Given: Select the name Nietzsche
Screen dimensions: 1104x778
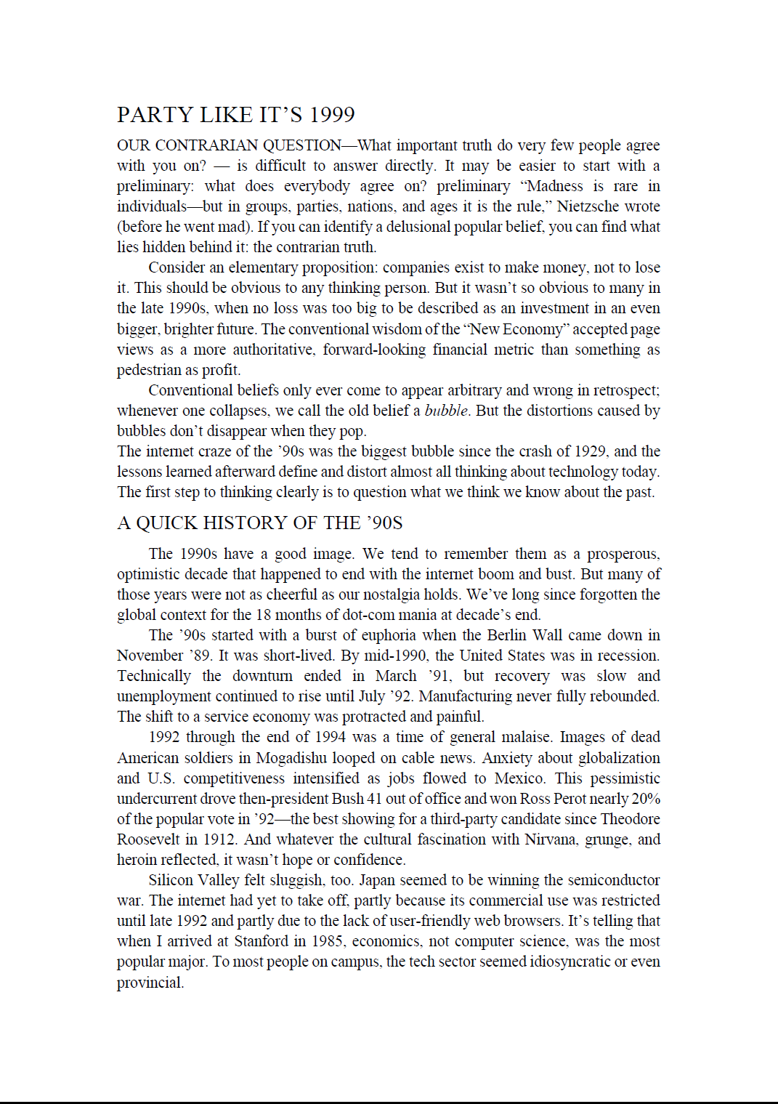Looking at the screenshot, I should [x=590, y=206].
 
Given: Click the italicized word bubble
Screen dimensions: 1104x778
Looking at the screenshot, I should [x=446, y=411].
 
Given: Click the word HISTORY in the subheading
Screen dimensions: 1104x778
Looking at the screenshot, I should [x=245, y=523].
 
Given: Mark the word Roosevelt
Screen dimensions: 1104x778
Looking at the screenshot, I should [x=148, y=839].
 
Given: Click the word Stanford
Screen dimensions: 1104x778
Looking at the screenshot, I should [x=262, y=941].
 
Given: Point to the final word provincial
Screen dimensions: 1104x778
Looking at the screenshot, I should [x=150, y=983].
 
